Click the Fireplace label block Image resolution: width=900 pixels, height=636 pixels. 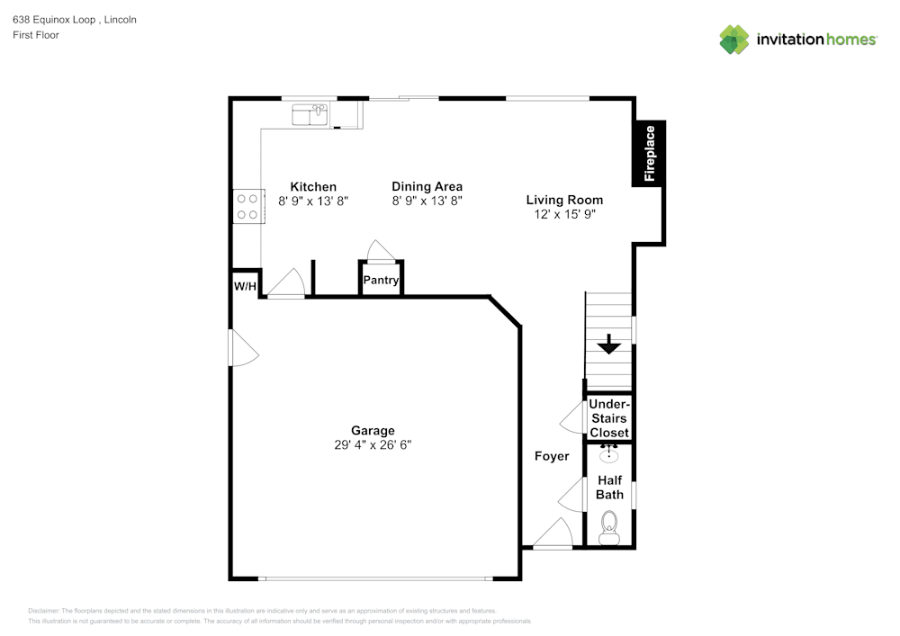pyautogui.click(x=650, y=152)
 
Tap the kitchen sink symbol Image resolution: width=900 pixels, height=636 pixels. pyautogui.click(x=310, y=113)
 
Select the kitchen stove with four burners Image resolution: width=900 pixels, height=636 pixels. pyautogui.click(x=247, y=207)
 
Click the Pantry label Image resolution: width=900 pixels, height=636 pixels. pyautogui.click(x=381, y=281)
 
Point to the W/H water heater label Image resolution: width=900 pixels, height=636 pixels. pyautogui.click(x=245, y=286)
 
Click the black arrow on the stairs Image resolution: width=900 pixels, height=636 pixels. pyautogui.click(x=609, y=344)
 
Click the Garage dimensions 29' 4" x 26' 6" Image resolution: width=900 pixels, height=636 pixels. pyautogui.click(x=373, y=444)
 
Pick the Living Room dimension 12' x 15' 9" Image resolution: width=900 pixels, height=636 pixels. pyautogui.click(x=564, y=214)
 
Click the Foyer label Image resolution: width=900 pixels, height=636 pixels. pyautogui.click(x=552, y=456)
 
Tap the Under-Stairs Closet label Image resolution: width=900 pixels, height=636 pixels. pyautogui.click(x=609, y=418)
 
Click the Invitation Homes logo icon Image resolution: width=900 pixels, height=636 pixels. pyautogui.click(x=734, y=40)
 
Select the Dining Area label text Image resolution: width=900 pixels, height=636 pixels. pyautogui.click(x=427, y=187)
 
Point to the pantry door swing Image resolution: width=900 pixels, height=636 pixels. pyautogui.click(x=378, y=249)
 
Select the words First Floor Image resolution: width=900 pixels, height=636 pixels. pyautogui.click(x=36, y=35)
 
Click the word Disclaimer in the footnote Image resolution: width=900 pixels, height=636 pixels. pyautogui.click(x=44, y=610)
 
